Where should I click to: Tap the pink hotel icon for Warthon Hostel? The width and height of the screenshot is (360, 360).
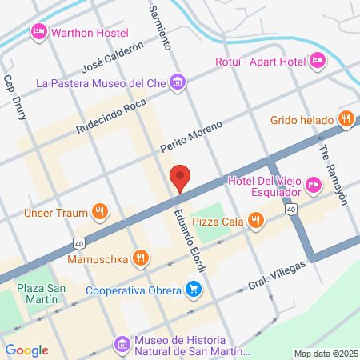pos(38,32)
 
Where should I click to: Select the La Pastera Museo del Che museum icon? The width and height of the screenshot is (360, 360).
pos(178,82)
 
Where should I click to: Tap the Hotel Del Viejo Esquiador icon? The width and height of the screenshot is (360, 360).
pos(313,186)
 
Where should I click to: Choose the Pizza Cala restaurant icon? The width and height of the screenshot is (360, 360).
pos(255,219)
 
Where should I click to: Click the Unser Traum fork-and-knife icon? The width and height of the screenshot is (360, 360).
pos(99,212)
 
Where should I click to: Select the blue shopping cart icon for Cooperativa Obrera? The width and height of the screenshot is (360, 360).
pos(193,290)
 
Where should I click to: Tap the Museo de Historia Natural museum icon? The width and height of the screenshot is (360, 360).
pos(122,343)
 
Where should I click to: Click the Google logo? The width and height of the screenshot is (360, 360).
pos(26,350)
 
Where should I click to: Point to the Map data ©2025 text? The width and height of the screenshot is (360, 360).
pos(325,353)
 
